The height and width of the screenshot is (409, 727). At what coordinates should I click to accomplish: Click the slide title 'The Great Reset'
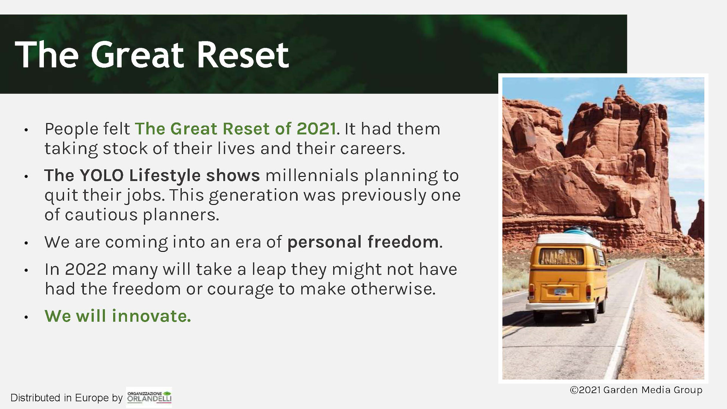pyautogui.click(x=152, y=55)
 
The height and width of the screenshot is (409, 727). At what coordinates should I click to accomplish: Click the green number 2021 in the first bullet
pyautogui.click(x=316, y=129)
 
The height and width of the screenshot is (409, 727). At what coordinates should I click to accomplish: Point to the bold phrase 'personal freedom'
pyautogui.click(x=363, y=242)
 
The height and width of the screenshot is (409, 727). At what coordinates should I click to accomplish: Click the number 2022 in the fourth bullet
pyautogui.click(x=86, y=269)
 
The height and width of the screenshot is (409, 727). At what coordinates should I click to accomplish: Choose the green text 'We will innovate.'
pyautogui.click(x=118, y=316)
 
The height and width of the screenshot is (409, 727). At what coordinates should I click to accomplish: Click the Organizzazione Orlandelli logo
pyautogui.click(x=149, y=397)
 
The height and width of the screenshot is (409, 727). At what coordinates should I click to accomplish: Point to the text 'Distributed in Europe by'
pyautogui.click(x=66, y=398)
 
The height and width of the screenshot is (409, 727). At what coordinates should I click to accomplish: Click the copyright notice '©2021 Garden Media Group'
pyautogui.click(x=636, y=390)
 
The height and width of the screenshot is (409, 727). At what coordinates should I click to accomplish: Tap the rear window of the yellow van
pyautogui.click(x=561, y=256)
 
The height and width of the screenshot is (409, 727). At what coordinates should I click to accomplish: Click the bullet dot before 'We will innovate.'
pyautogui.click(x=26, y=317)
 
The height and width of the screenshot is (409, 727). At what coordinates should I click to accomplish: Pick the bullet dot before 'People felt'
pyautogui.click(x=26, y=130)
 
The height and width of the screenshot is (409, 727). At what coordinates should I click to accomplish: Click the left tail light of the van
pyautogui.click(x=532, y=291)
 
